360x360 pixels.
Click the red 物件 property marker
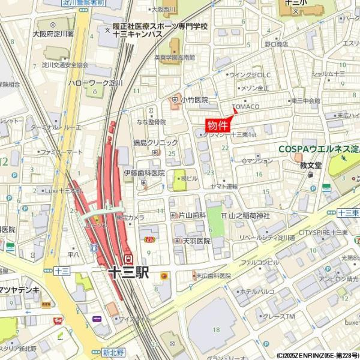(218, 125)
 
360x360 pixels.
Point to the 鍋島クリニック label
(156, 143)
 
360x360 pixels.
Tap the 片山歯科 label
(192, 214)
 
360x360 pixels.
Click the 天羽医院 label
(196, 241)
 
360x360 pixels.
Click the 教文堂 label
(311, 164)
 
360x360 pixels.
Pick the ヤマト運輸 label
(223, 186)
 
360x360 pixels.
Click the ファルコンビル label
(260, 262)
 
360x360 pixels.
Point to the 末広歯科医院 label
(213, 275)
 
